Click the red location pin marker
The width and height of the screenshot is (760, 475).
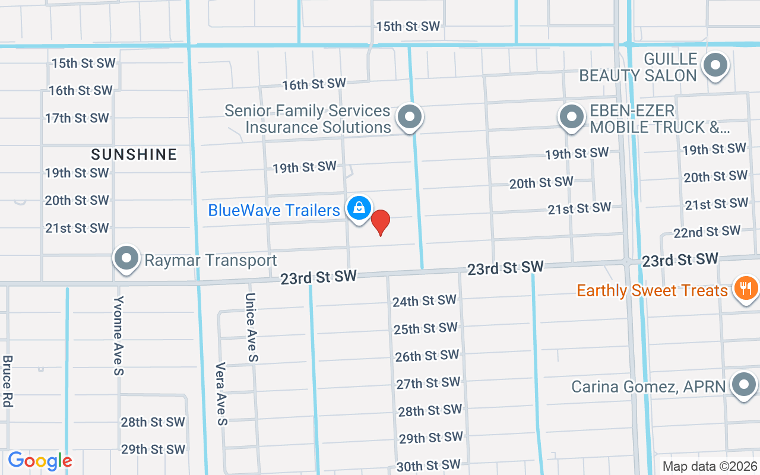pyautogui.click(x=381, y=222)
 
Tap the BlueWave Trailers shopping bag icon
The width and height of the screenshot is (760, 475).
pyautogui.click(x=359, y=208)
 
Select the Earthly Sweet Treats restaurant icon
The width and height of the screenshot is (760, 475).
pyautogui.click(x=745, y=289)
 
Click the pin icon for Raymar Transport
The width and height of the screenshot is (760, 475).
pyautogui.click(x=126, y=258)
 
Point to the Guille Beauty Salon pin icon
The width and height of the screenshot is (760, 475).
pyautogui.click(x=715, y=65)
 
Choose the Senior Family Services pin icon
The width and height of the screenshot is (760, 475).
pyautogui.click(x=409, y=116)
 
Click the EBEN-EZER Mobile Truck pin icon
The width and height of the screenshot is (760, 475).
pyautogui.click(x=572, y=116)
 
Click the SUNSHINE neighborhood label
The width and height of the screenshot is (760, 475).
pyautogui.click(x=134, y=155)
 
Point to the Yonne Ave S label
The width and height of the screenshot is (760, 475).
pyautogui.click(x=119, y=335)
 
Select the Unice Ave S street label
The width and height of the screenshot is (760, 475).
pyautogui.click(x=251, y=327)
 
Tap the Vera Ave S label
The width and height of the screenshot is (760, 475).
pyautogui.click(x=221, y=394)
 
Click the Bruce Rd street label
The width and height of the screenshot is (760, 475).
pyautogui.click(x=8, y=381)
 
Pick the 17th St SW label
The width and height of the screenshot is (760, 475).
pyautogui.click(x=77, y=118)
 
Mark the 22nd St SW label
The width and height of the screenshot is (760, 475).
pyautogui.click(x=707, y=232)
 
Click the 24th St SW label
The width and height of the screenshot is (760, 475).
pyautogui.click(x=424, y=301)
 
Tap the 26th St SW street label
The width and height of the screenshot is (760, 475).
pyautogui.click(x=427, y=356)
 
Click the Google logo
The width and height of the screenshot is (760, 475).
pyautogui.click(x=40, y=461)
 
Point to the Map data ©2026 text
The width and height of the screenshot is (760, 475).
pyautogui.click(x=710, y=467)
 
